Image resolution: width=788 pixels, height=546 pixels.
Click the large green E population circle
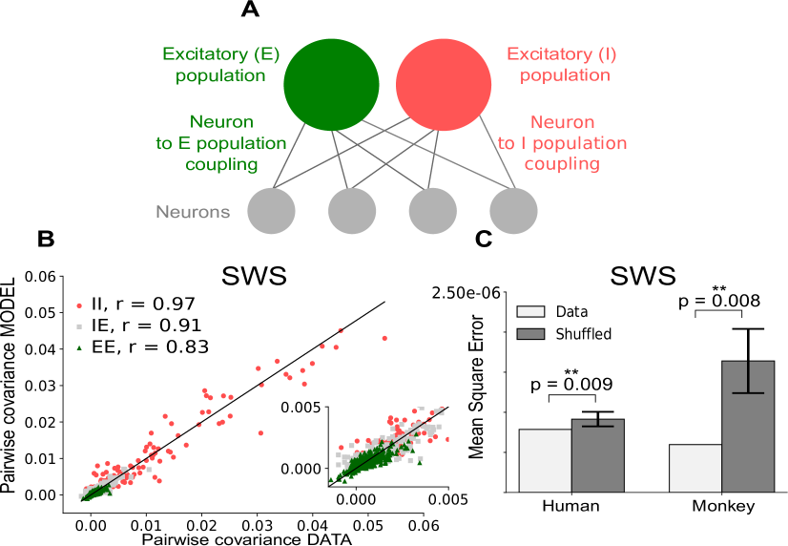tap(331, 85)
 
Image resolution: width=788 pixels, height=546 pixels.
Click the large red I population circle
tap(444, 85)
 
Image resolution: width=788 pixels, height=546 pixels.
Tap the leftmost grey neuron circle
tap(271, 211)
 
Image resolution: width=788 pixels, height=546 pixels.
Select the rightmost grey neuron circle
tap(513, 211)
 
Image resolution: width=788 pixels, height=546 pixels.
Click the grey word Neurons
tap(193, 212)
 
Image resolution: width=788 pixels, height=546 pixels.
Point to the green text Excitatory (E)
tap(220, 54)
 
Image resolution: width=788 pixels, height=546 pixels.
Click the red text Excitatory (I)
tap(562, 54)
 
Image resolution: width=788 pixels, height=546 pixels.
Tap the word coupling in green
tap(221, 164)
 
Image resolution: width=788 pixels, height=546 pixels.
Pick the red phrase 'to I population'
tap(563, 143)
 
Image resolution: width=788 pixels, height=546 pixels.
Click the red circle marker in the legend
tap(79, 305)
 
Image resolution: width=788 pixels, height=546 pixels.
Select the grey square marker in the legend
tap(79, 326)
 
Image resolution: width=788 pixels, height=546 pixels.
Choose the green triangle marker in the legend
tap(79, 347)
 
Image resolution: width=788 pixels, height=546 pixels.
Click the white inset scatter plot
tap(388, 446)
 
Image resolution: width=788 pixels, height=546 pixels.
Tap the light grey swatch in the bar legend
tap(530, 311)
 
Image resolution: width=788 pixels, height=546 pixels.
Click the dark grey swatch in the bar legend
tap(530, 334)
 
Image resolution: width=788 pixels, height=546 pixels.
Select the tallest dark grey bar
tap(748, 430)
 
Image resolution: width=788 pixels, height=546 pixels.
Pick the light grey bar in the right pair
tap(695, 468)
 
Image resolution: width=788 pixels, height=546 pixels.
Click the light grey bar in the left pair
tap(545, 460)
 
